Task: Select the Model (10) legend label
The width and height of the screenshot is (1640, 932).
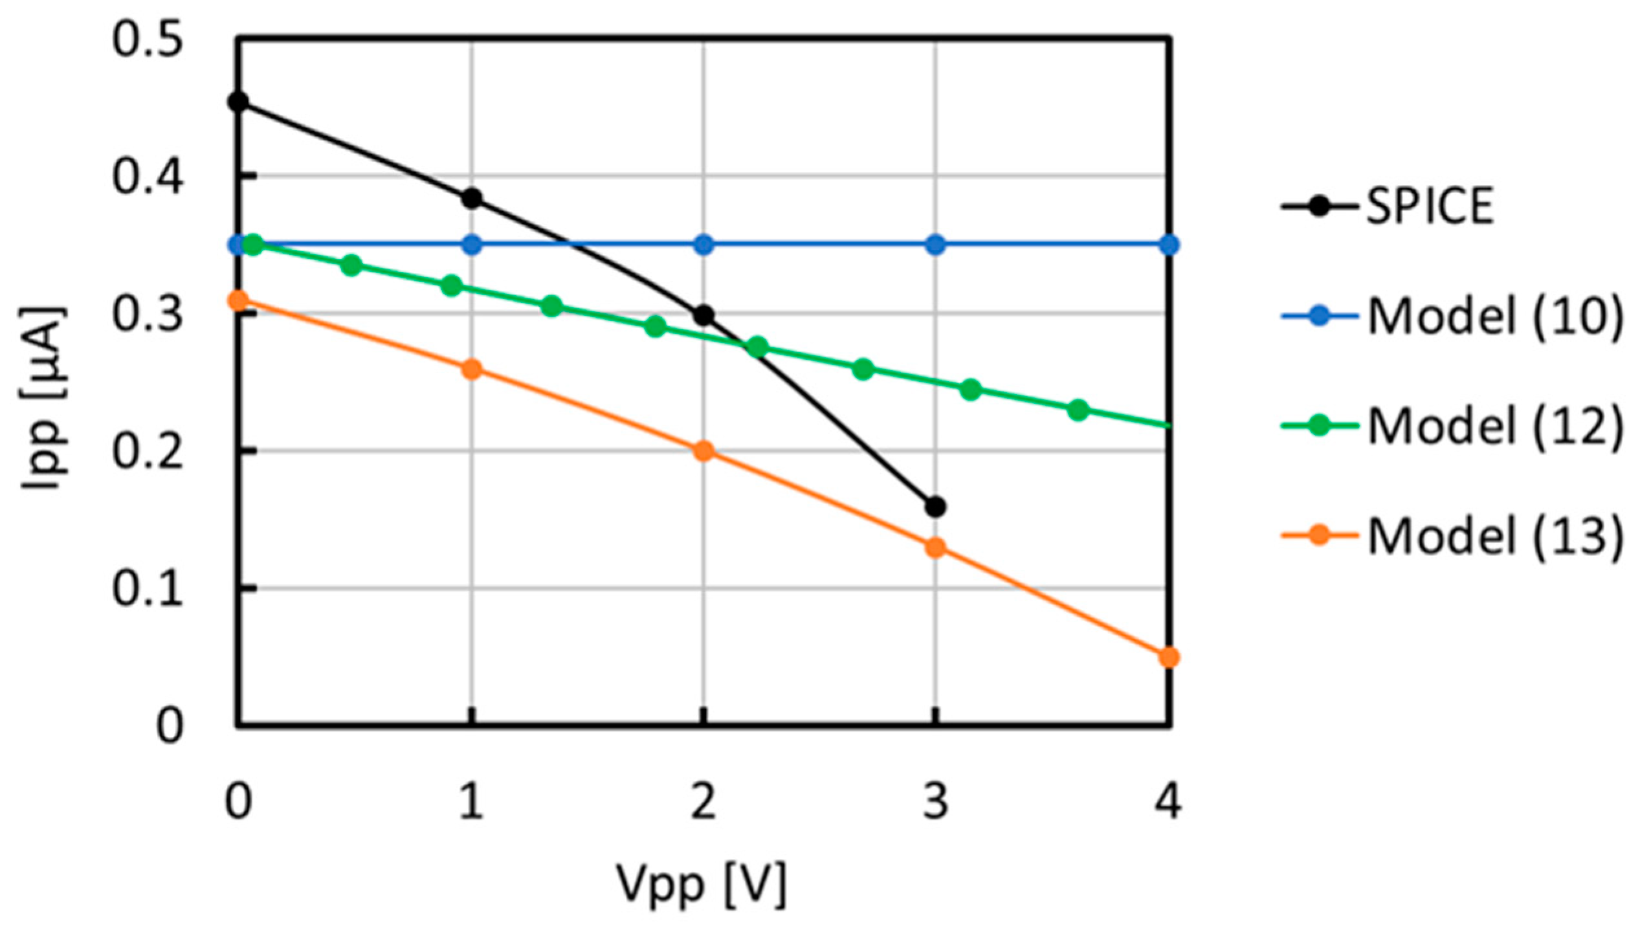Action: [1495, 316]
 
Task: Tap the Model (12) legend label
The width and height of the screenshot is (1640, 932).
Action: [1495, 427]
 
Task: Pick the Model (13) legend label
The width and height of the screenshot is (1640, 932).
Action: [1495, 537]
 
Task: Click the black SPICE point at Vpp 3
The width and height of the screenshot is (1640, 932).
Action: [935, 507]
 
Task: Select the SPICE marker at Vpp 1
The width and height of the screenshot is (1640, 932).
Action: [472, 198]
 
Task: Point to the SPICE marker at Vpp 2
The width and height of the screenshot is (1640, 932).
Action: [704, 316]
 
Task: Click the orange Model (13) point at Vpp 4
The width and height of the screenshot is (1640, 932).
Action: [1168, 658]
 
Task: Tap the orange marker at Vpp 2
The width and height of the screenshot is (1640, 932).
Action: [704, 451]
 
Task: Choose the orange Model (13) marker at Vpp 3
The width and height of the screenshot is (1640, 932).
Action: [935, 548]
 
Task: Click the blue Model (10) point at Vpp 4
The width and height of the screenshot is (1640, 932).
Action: [1168, 245]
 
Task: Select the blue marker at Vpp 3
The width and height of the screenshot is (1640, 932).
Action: [935, 245]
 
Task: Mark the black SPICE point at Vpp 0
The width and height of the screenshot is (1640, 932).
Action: [238, 102]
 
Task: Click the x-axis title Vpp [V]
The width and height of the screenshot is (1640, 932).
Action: [702, 884]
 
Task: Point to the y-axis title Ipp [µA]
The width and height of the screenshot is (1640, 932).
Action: [44, 398]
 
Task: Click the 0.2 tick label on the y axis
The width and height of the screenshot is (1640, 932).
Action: [148, 451]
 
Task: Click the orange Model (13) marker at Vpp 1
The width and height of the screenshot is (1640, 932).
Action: [472, 370]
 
